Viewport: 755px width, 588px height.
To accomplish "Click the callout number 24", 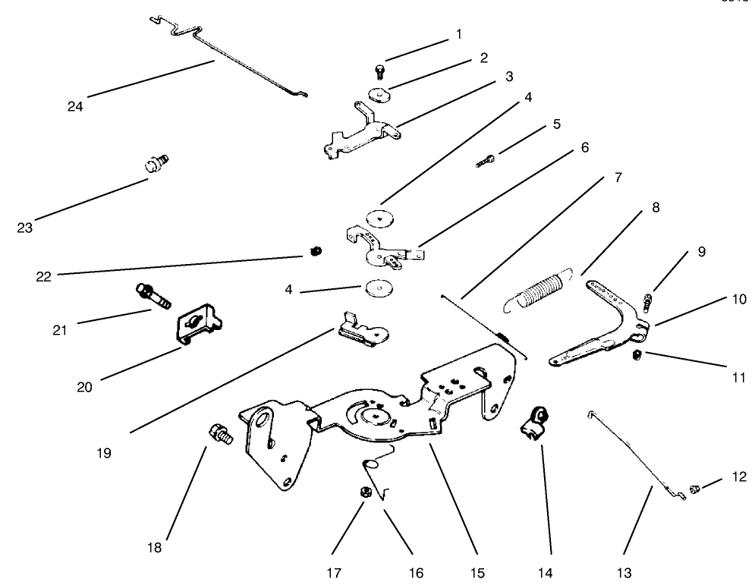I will click(x=74, y=106).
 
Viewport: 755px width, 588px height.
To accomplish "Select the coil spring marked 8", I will click(x=540, y=288).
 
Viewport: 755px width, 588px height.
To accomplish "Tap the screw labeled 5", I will click(x=486, y=160).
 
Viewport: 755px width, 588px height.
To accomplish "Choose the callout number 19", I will click(x=104, y=453).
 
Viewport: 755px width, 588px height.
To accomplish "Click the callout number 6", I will click(x=585, y=147).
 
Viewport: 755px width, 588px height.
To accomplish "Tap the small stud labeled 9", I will click(x=647, y=302).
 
